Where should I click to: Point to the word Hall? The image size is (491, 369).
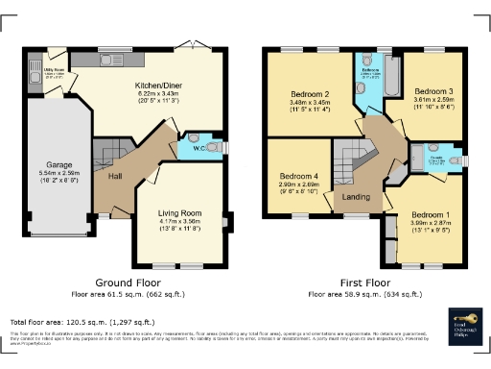click(114, 177)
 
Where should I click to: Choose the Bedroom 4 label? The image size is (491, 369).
click(299, 176)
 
